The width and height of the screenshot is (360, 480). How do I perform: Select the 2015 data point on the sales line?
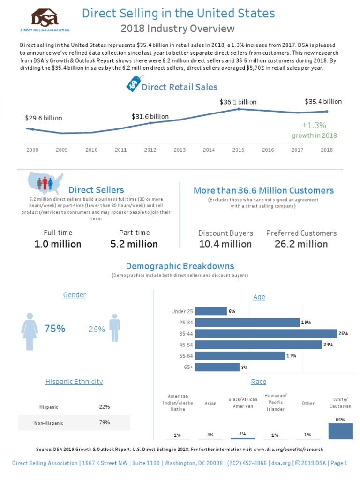(x=239, y=109)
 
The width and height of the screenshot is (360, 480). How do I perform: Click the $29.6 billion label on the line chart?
(x=44, y=118)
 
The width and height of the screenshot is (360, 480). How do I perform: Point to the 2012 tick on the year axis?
(x=150, y=150)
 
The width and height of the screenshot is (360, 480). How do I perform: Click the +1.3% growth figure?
(x=314, y=125)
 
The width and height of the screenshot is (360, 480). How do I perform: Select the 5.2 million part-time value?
(x=134, y=244)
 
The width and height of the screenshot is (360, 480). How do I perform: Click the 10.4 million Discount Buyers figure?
(x=225, y=244)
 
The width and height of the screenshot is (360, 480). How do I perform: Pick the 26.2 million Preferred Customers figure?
(x=301, y=244)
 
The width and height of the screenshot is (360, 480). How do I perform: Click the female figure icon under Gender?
(x=30, y=330)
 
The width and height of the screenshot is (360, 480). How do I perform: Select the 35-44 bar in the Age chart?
(x=266, y=333)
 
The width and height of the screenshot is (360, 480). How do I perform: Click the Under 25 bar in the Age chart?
(x=210, y=311)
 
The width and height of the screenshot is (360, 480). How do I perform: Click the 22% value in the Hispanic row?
(x=105, y=407)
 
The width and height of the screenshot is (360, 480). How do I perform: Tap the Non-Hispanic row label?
(x=49, y=423)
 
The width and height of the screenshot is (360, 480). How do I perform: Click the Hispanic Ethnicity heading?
(x=74, y=382)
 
